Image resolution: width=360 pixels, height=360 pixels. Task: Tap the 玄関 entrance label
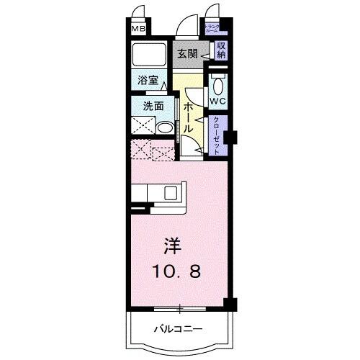click(189, 53)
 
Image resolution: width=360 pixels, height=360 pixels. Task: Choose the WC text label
click(218, 101)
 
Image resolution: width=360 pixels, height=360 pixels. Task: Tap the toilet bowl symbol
click(218, 81)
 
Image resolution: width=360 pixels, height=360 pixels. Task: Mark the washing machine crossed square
click(143, 125)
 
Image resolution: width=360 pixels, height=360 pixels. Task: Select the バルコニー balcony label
click(179, 330)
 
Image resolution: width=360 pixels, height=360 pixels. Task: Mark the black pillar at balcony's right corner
click(229, 304)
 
